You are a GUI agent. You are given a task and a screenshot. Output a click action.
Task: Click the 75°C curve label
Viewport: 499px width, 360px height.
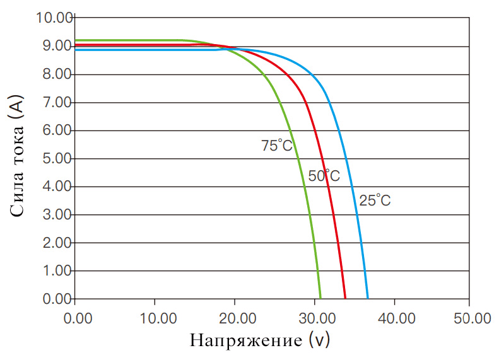[x=277, y=146]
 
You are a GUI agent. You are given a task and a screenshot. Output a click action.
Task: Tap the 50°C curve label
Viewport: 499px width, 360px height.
[x=324, y=177]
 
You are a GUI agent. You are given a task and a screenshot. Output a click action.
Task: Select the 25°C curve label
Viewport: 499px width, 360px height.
[x=375, y=201]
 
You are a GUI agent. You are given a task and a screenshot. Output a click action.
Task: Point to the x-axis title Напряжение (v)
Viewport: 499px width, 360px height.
[x=259, y=341]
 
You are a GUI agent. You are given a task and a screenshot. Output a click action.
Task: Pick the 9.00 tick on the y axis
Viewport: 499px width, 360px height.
[x=56, y=46]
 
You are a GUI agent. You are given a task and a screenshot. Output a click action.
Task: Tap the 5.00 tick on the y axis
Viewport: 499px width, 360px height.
[x=56, y=158]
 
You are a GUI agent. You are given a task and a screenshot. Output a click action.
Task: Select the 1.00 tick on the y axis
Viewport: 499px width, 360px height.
[x=56, y=270]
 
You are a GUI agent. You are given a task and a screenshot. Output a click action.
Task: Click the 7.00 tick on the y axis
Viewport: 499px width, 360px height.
[x=56, y=102]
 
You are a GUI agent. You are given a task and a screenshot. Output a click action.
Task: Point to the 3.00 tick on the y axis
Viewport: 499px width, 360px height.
[x=56, y=214]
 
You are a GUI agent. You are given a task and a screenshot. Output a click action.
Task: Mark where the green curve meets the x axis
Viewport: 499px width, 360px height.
[x=320, y=298]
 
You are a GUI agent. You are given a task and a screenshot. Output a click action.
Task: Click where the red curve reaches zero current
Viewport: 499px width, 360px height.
[x=345, y=298]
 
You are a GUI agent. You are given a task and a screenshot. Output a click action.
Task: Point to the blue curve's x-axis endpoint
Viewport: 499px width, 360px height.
[x=368, y=298]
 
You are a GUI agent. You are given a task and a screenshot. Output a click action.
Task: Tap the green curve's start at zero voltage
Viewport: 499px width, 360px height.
[x=76, y=40]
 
